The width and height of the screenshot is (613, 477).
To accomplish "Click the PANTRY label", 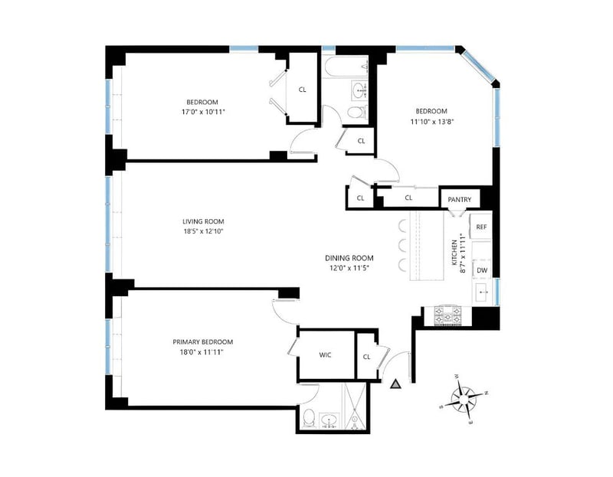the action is click(x=459, y=200).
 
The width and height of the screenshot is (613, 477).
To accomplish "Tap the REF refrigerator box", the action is click(x=480, y=226).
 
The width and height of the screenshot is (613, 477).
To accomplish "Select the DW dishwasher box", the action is click(x=482, y=270).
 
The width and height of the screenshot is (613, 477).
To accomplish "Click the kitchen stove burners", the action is click(x=448, y=315).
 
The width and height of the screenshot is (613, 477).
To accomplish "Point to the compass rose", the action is click(x=464, y=399).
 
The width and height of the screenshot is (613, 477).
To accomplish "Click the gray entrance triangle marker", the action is click(x=396, y=384).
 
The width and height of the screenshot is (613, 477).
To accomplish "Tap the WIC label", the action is click(x=325, y=354).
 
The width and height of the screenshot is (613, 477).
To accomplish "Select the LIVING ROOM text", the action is click(x=203, y=221).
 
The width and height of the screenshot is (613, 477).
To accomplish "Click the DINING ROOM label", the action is click(x=349, y=258).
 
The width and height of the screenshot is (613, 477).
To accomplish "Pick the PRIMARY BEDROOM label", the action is click(x=203, y=342).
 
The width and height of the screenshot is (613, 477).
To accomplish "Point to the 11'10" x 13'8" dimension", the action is click(x=431, y=121).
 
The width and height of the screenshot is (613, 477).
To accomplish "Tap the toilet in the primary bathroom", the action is click(x=309, y=417).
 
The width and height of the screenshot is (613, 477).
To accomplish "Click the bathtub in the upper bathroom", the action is click(x=346, y=67).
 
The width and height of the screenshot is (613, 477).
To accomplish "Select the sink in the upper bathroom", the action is click(x=359, y=91).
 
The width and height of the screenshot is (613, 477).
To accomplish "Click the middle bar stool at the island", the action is click(x=403, y=246).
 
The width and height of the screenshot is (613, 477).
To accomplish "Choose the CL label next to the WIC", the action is click(x=366, y=357).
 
